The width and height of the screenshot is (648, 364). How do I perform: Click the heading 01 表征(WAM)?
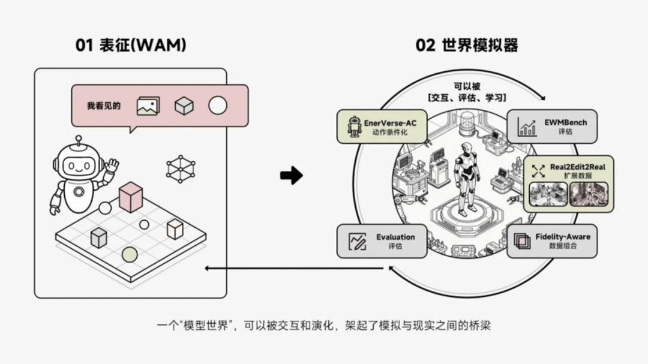[x=130, y=46]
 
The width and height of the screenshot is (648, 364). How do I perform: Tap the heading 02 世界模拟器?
[x=467, y=46]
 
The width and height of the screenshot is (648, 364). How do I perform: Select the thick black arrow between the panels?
[x=292, y=176]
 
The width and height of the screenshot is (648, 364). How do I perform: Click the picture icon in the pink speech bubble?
[x=148, y=106]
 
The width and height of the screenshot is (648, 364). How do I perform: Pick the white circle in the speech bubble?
[x=218, y=106]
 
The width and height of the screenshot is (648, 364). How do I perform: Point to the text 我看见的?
[x=104, y=106]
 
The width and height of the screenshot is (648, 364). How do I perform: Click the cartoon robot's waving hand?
[x=112, y=165]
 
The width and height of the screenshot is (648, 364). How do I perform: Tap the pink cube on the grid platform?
[x=131, y=197]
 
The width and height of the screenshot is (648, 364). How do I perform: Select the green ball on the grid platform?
[x=130, y=255]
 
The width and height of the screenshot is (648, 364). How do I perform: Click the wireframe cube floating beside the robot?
[x=180, y=169]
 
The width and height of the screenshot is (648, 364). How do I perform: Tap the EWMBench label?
[x=566, y=122]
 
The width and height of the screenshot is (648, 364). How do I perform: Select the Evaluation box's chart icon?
[x=358, y=242]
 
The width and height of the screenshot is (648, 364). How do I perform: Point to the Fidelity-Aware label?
[x=563, y=237]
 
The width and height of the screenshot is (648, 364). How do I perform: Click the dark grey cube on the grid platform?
[x=99, y=237]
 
